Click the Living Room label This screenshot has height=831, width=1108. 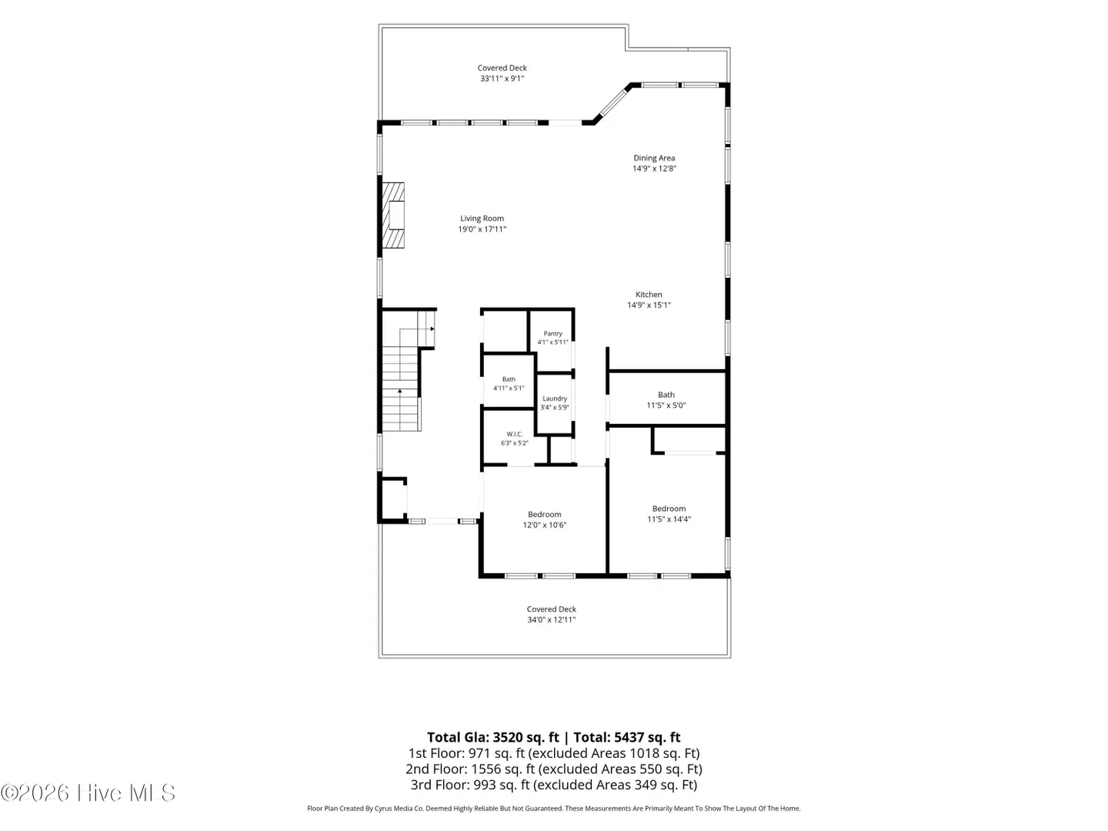click(x=482, y=219)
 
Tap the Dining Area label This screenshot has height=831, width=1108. click(x=654, y=158)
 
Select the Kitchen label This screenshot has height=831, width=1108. click(x=649, y=294)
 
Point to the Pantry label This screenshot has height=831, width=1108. click(x=552, y=333)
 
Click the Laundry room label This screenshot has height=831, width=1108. click(x=555, y=399)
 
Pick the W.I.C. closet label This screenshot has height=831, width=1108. click(x=515, y=434)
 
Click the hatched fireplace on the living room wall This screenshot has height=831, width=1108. click(x=392, y=215)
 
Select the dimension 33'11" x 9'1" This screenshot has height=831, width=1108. click(x=502, y=78)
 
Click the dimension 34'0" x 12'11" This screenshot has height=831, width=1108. click(x=552, y=619)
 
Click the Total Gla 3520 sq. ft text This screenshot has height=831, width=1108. click(x=493, y=737)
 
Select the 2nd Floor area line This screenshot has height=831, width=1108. click(x=554, y=769)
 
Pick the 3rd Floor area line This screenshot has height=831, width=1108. click(x=554, y=785)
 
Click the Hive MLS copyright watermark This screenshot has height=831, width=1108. click(x=88, y=793)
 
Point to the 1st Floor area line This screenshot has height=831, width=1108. click(x=554, y=753)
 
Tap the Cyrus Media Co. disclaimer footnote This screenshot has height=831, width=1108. click(x=554, y=808)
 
